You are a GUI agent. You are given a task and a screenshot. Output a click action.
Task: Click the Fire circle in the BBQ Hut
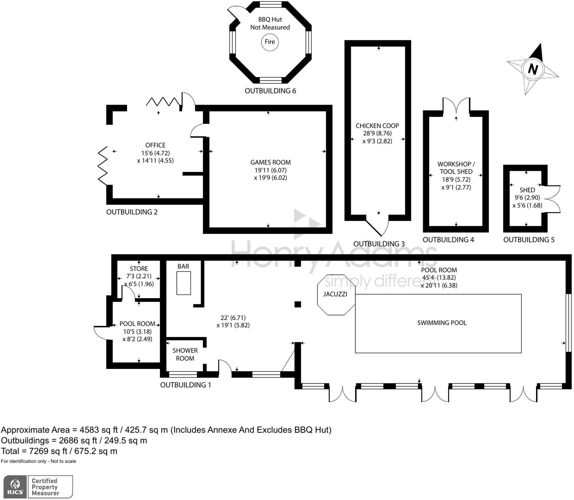[270, 42]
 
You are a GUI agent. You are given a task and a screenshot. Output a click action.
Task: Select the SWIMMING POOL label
[441, 323]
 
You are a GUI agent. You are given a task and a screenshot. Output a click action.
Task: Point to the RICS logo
[15, 487]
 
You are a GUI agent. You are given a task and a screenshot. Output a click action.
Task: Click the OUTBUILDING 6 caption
[270, 91]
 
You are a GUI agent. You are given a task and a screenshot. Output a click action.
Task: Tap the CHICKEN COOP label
[377, 126]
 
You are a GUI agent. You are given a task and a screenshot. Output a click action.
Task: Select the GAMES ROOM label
[270, 163]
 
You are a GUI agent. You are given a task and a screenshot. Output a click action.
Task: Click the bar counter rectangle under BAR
[183, 283]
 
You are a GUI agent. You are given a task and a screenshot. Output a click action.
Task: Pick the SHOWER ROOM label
[185, 355]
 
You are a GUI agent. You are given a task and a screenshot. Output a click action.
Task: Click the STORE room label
[139, 269]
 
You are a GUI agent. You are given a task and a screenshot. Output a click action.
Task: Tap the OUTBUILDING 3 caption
[379, 244]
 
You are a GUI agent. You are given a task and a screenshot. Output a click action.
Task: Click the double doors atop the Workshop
[456, 106]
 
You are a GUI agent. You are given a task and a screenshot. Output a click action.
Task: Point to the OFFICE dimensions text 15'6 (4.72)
[155, 153]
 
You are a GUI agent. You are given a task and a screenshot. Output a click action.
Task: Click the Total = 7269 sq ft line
[59, 451]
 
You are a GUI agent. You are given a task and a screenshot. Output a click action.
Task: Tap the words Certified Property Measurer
[45, 487]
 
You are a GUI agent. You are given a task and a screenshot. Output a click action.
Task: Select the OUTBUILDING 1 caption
[186, 385]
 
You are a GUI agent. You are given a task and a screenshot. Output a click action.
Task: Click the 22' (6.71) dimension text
[233, 318]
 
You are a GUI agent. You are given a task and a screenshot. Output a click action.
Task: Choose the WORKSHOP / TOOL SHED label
[456, 168]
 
